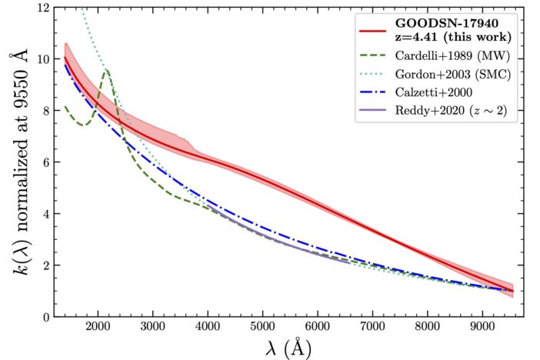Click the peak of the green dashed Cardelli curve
tap(106, 70)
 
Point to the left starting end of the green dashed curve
tap(65, 106)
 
